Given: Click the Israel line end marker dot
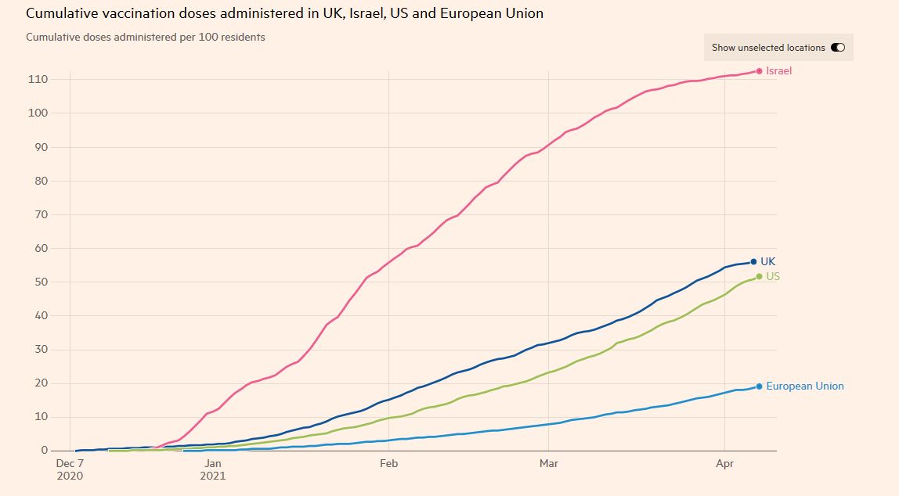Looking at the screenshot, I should point(760,71).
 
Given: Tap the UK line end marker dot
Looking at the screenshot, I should point(754,262).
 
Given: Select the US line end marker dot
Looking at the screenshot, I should point(760,277).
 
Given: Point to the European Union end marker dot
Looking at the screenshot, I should point(760,386).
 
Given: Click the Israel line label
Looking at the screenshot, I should point(779,71).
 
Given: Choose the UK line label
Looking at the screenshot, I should point(768,262).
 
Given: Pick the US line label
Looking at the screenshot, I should point(773,277).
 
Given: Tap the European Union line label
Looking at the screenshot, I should point(805,386).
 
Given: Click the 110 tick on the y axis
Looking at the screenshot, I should point(39,80).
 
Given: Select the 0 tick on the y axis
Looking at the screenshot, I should point(45,451).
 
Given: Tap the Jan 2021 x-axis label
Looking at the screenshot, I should point(213,469).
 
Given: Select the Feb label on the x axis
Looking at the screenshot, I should point(389,463).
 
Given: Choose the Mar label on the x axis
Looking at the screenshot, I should point(549,463).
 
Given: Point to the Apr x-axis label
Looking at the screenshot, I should point(726,463).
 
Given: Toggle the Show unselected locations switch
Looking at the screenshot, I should point(838,48).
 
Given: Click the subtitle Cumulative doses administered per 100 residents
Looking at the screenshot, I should point(146,37).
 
